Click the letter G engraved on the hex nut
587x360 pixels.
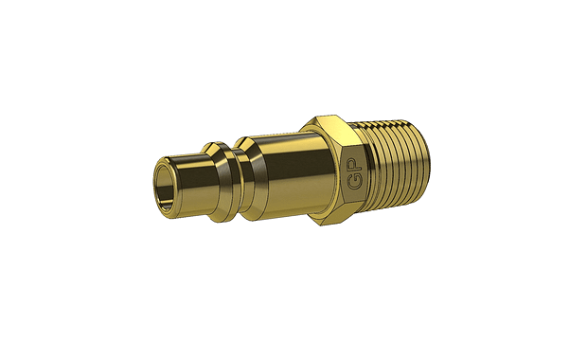point(354,182)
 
